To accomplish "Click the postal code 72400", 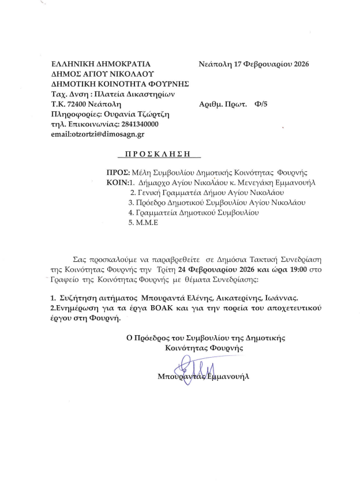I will [74, 104].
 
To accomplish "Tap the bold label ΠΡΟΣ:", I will [118, 171].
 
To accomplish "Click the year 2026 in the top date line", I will [299, 64].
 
